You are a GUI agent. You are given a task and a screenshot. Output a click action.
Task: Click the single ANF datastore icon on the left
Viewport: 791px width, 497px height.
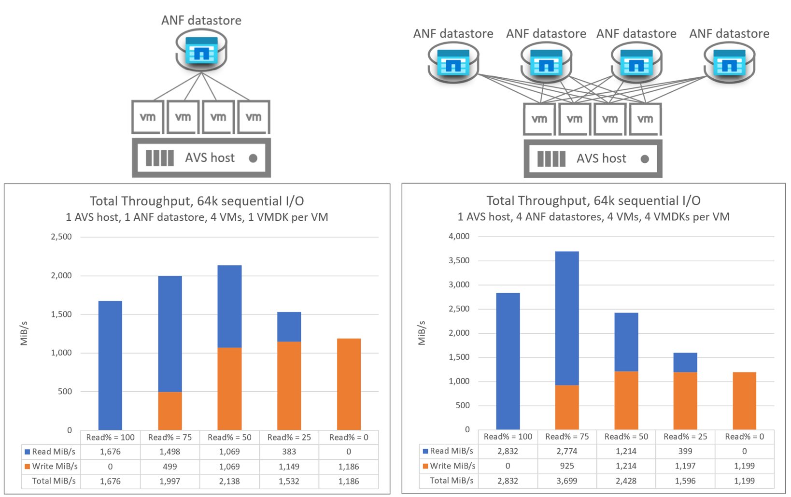[201, 51]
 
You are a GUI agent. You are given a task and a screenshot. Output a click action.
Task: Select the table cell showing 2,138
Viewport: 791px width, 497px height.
[229, 481]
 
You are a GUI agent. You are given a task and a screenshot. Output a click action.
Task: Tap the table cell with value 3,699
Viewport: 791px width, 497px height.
[567, 481]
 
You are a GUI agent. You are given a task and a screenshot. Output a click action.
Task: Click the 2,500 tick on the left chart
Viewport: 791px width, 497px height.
[61, 237]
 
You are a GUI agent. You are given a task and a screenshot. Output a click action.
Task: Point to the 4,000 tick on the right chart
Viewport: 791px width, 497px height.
[459, 236]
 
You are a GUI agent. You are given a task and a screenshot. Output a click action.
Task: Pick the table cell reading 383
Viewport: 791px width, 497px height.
[289, 452]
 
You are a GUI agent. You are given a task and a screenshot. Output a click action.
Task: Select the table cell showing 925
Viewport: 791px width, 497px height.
[567, 466]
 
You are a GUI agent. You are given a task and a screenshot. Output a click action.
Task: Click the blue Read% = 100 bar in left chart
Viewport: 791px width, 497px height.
[110, 365]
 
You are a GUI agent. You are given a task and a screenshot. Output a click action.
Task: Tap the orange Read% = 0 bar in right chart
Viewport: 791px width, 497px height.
[744, 400]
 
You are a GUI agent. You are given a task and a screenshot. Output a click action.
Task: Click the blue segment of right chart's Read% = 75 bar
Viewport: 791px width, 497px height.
[567, 318]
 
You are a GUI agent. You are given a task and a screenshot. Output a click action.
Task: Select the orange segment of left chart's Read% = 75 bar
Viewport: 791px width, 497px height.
[170, 411]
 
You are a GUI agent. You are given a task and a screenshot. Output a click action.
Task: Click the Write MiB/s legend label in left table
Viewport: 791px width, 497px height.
[54, 466]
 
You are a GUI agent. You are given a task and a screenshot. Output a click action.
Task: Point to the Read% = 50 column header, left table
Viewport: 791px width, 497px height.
[229, 437]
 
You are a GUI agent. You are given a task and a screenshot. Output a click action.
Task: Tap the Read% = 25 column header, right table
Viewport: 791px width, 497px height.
[685, 437]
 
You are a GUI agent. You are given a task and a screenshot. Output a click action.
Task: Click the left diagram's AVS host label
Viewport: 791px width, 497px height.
[210, 158]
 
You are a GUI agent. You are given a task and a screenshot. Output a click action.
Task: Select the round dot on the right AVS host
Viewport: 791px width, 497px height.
[645, 159]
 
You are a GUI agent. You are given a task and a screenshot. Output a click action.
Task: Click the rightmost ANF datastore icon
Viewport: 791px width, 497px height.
[729, 63]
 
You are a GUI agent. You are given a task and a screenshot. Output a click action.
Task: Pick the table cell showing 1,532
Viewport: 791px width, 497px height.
[289, 481]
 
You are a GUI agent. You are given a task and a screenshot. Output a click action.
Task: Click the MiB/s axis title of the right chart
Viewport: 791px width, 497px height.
[422, 333]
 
